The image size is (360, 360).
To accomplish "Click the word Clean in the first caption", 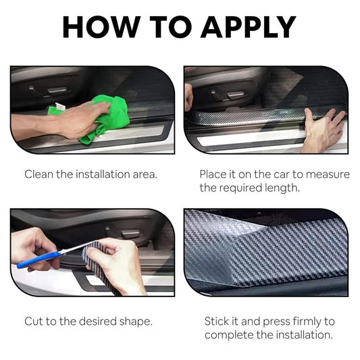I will [39, 174].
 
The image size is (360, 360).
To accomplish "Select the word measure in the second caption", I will [329, 174].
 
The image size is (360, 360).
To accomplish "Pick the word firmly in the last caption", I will [301, 321].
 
